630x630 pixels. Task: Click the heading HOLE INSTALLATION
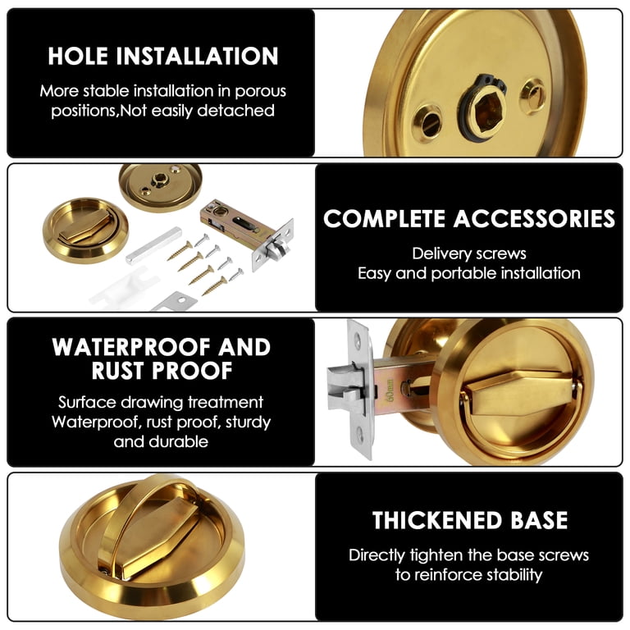tap(162, 56)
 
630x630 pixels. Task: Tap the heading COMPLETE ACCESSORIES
tap(469, 218)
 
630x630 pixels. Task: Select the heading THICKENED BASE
tap(470, 520)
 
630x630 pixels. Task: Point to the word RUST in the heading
tap(117, 371)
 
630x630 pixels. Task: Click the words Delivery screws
tap(469, 253)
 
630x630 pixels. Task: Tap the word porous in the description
tap(260, 92)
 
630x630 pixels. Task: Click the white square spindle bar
tap(153, 245)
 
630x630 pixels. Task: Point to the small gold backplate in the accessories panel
tap(160, 187)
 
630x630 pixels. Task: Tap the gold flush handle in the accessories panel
tap(85, 231)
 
